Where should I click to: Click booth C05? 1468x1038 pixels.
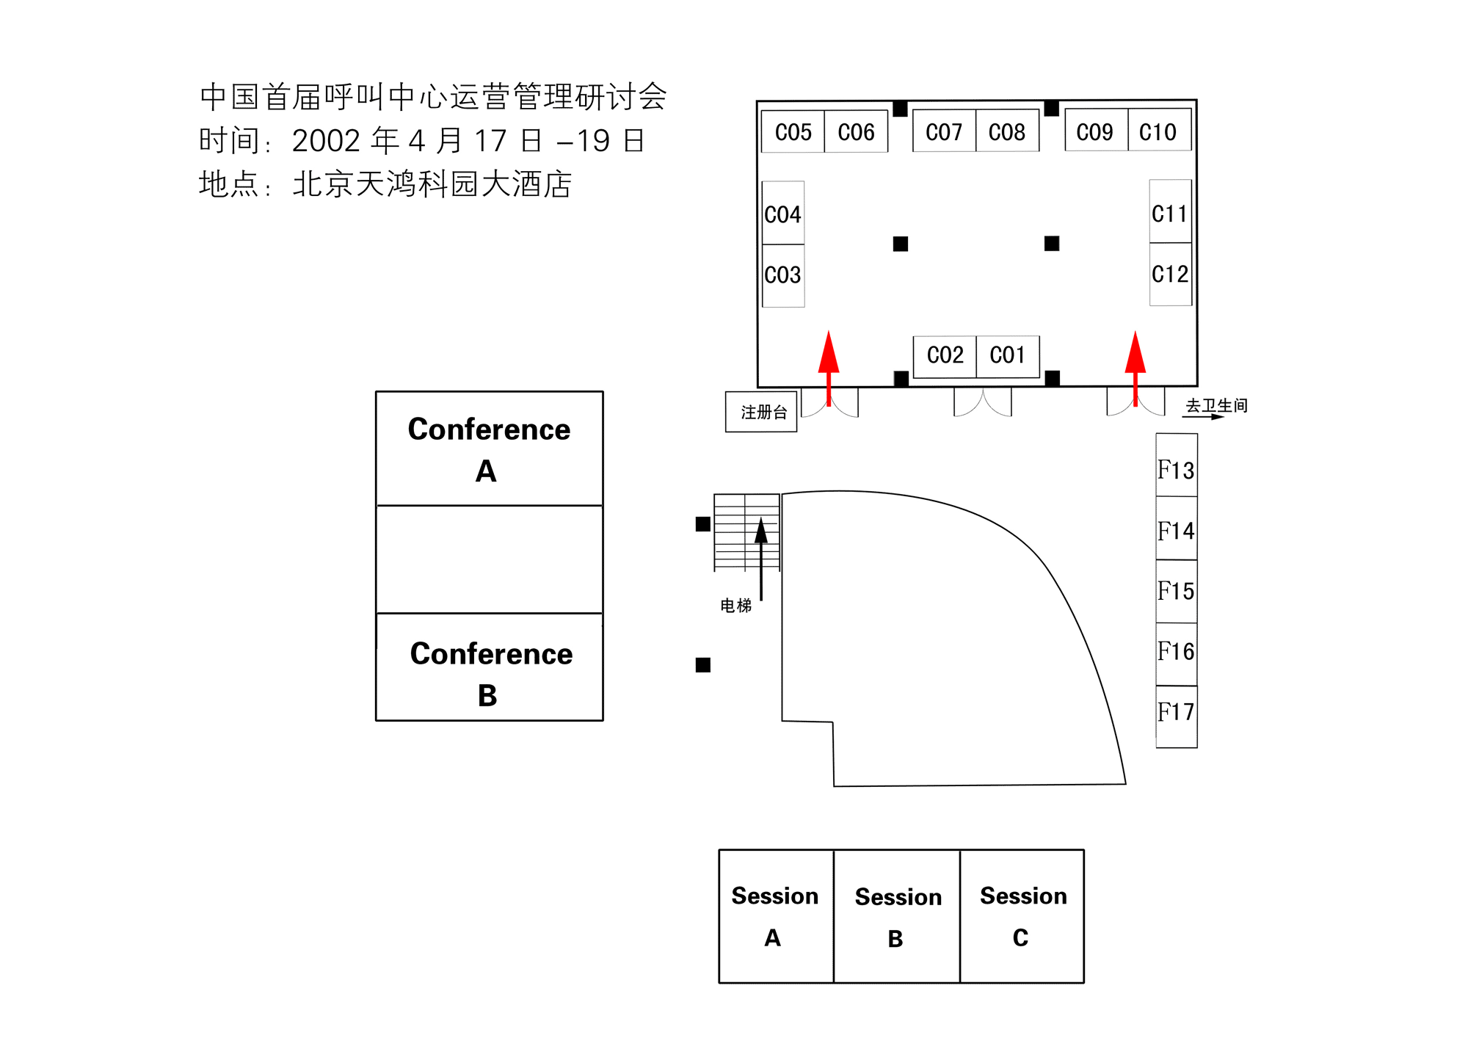coord(793,132)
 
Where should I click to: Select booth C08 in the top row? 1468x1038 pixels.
coord(1007,132)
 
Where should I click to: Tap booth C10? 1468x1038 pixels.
coord(1158,132)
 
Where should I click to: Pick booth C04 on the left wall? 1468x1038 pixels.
coord(783,214)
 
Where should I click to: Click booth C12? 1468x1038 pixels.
coord(1170,274)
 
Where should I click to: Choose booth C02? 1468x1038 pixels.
coord(945,356)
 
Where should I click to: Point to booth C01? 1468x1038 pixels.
coord(1008,356)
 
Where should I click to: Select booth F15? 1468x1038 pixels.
coord(1176,591)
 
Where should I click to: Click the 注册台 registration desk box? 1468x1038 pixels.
coord(762,412)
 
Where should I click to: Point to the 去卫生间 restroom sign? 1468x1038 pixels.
coord(1216,406)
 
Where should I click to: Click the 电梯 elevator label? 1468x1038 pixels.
coord(735,606)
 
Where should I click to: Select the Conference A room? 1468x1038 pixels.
coord(489,449)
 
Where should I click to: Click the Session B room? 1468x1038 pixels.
coord(897,916)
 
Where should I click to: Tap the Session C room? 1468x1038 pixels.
coord(1022,916)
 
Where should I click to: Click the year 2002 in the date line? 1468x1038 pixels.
coord(326,141)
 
